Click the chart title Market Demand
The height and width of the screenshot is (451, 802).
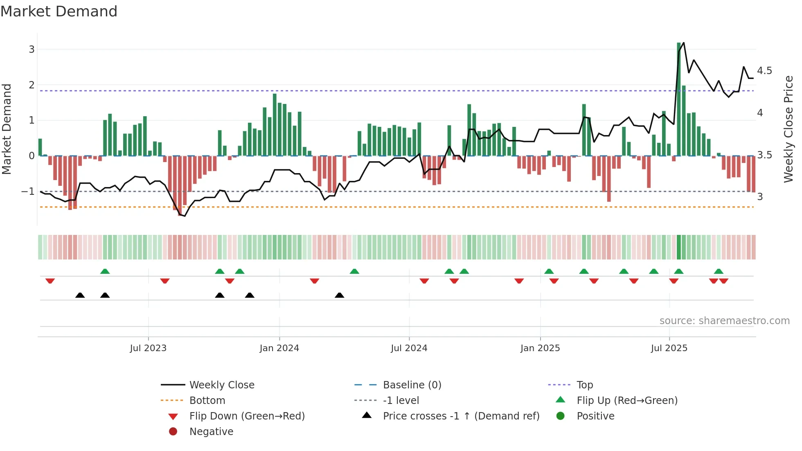(59, 11)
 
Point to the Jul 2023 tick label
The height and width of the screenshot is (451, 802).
(148, 348)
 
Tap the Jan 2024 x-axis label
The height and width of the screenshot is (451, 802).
(279, 348)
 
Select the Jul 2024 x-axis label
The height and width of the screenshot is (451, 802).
(409, 348)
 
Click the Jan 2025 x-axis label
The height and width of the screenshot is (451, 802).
(540, 348)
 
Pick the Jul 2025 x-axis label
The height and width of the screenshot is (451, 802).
(669, 348)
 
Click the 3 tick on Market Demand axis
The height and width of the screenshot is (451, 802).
(32, 50)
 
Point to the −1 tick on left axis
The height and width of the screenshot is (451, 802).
(28, 192)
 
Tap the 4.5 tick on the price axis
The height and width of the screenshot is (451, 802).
(764, 71)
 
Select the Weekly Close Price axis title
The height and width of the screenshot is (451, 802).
(788, 129)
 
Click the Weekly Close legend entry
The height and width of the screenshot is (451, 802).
(221, 385)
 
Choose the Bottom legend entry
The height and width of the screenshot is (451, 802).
(207, 401)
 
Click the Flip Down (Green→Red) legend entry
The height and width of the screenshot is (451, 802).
(247, 416)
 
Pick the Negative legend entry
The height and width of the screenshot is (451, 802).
(211, 432)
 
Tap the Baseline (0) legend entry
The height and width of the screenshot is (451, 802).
(412, 385)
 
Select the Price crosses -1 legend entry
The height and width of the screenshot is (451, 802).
(461, 416)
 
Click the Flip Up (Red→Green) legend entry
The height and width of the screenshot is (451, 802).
(627, 401)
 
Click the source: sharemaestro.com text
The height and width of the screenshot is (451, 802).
(724, 321)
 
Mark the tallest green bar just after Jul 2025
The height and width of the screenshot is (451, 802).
(679, 98)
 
